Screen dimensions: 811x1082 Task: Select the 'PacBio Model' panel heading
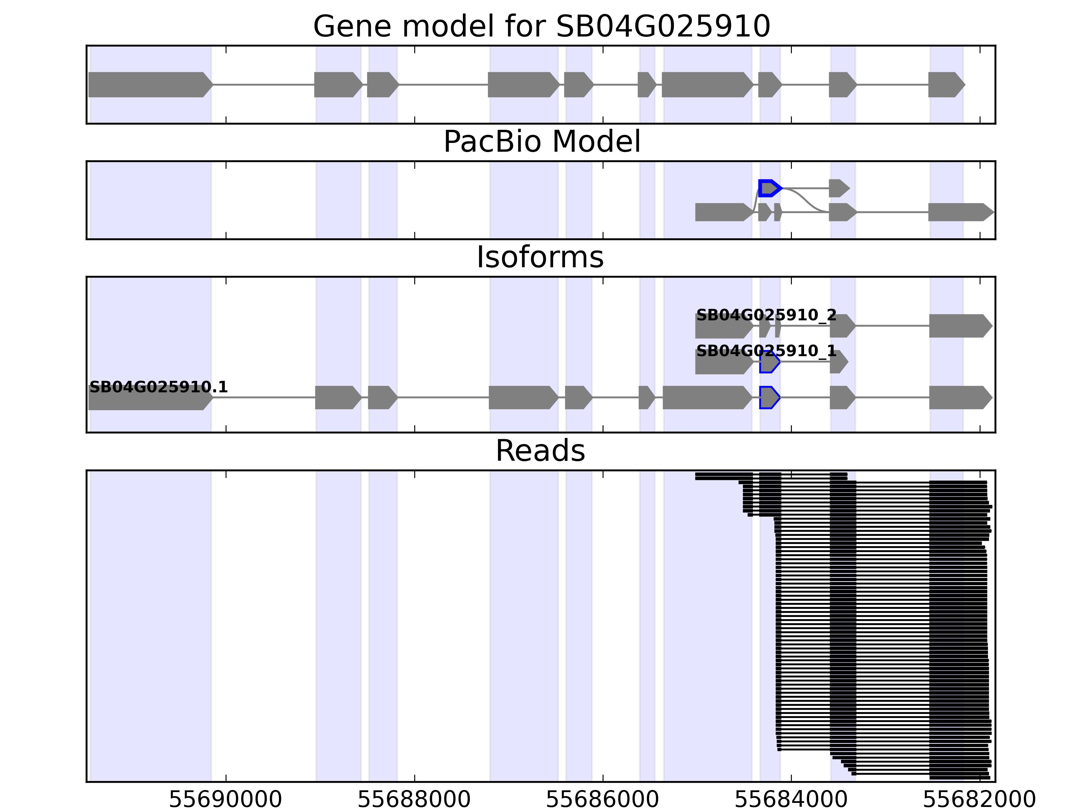[541, 142]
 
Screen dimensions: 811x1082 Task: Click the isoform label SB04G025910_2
[766, 315]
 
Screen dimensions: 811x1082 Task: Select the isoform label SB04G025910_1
[766, 351]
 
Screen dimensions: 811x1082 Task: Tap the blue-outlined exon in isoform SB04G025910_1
[769, 362]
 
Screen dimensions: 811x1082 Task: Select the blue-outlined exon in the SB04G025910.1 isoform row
[769, 397]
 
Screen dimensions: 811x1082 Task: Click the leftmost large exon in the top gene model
[149, 84]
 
